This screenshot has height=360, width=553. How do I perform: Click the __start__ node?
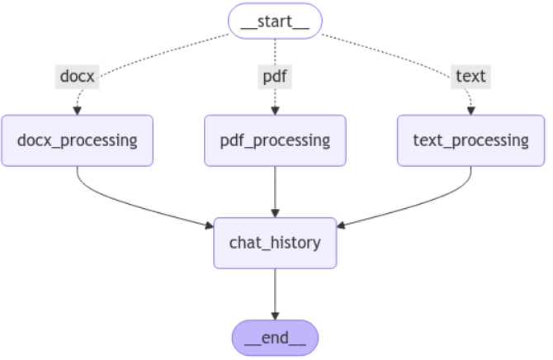[x=275, y=21]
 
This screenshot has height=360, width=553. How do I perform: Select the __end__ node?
[x=275, y=338]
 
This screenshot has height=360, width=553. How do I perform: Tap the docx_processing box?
[x=78, y=140]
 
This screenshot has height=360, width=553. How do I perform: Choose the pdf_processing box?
[x=275, y=140]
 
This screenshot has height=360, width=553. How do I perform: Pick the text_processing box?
[x=471, y=140]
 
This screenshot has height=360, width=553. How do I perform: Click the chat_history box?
[x=275, y=243]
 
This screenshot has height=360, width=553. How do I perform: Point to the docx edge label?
[x=78, y=77]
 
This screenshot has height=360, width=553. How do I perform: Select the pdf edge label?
[x=275, y=77]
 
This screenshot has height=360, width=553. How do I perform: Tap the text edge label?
[x=471, y=77]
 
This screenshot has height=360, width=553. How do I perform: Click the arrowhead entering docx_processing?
[x=78, y=111]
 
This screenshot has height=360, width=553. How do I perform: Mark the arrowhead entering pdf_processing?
[x=275, y=111]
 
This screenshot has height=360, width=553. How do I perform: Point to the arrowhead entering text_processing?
[x=471, y=111]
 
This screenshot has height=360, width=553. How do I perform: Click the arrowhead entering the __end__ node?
[x=275, y=315]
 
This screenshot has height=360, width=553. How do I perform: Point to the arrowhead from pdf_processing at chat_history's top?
[x=275, y=213]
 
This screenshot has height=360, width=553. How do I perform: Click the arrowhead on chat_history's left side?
[x=209, y=225]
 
